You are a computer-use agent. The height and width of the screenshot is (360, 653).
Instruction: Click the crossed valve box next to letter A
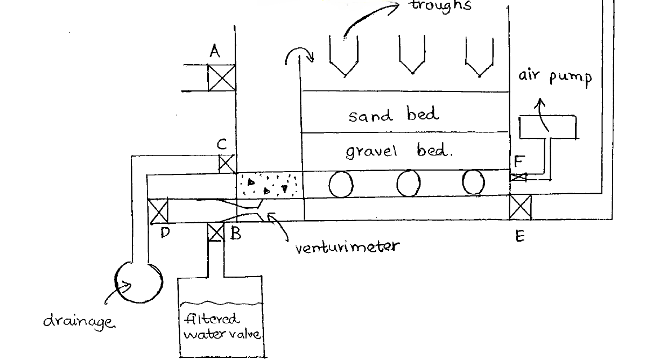[x=222, y=78]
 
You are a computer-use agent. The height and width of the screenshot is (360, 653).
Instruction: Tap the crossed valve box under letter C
[x=227, y=164]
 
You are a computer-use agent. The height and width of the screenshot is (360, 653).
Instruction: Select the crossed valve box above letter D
[x=158, y=211]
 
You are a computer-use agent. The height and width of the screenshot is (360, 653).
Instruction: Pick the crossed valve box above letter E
[x=520, y=207]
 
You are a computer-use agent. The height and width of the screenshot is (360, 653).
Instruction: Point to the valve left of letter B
[x=215, y=232]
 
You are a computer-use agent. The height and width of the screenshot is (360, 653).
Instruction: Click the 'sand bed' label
[x=394, y=115]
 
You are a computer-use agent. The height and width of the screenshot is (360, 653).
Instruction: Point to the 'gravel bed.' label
[x=399, y=151]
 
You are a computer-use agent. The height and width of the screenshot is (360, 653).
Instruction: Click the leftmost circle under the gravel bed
[x=341, y=185]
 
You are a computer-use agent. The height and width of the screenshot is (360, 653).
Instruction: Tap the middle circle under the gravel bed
[x=409, y=184]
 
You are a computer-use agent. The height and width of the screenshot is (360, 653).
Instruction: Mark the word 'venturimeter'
[x=347, y=247]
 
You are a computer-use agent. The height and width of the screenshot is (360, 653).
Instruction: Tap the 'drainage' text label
[x=79, y=321]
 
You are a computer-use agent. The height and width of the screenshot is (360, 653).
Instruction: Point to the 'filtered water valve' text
[x=222, y=327]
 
